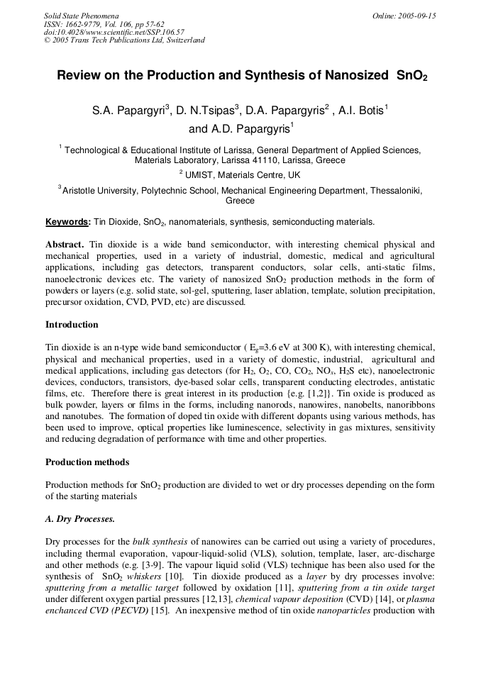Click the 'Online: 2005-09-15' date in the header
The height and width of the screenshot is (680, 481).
click(404, 16)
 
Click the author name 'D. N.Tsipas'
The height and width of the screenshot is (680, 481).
click(205, 111)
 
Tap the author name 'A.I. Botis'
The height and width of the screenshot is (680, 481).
click(363, 111)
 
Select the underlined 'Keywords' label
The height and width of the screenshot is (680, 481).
click(66, 222)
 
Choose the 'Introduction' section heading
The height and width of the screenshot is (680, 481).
click(72, 325)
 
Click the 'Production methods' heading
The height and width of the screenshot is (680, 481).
click(87, 462)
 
